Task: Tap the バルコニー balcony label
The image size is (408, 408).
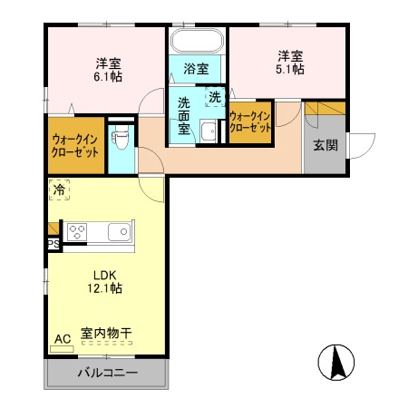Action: [107, 373]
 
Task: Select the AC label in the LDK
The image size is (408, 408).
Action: [62, 339]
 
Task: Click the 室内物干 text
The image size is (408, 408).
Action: [106, 335]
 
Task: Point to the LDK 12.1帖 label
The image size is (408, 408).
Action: [105, 281]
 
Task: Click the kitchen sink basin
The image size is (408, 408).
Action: [119, 232]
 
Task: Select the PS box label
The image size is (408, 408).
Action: [53, 244]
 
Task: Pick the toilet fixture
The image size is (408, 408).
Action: [121, 139]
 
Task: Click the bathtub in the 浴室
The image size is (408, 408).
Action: [197, 42]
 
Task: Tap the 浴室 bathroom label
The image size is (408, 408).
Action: [196, 69]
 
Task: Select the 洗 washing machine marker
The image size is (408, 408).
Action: [215, 95]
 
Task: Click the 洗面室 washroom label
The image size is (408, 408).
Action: [184, 115]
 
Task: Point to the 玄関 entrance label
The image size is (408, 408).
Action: [325, 145]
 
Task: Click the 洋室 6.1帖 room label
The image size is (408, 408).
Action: [109, 71]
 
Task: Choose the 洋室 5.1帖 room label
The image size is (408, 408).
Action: [290, 62]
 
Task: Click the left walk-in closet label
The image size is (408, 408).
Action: [73, 145]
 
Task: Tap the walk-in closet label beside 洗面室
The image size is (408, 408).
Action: [250, 122]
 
